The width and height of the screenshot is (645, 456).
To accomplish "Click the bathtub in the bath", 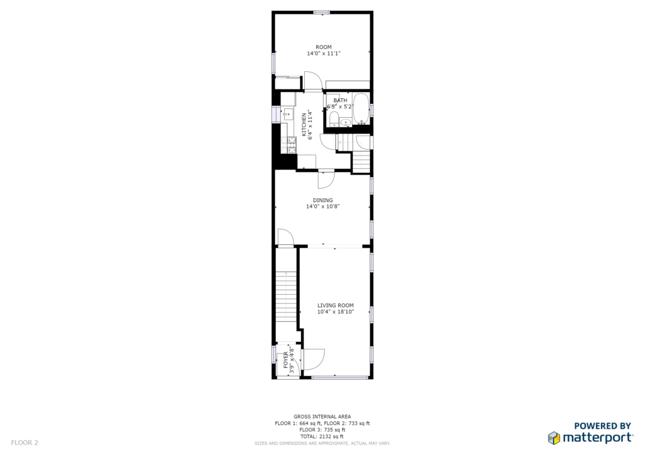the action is (x=361, y=109).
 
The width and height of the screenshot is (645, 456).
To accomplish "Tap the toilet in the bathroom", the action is (x=334, y=118).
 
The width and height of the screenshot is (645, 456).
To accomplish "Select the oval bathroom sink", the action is (x=346, y=122).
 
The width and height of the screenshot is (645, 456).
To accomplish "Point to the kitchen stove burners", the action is (x=292, y=145).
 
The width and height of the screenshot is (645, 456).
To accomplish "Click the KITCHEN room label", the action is (x=304, y=125).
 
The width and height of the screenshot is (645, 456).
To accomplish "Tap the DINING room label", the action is (x=323, y=200).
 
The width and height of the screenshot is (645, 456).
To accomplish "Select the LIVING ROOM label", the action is (x=336, y=305).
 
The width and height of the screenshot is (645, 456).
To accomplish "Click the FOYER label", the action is (x=286, y=360).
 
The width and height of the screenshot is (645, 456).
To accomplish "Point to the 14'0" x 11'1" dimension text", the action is (x=324, y=54).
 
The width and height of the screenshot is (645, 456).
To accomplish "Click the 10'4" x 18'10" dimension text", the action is (x=336, y=312).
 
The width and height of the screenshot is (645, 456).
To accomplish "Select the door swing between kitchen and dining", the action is (x=326, y=179).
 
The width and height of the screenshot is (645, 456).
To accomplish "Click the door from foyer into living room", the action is (x=314, y=360).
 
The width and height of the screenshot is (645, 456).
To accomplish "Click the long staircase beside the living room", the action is (x=285, y=296).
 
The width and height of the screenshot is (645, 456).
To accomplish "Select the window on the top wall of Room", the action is (x=322, y=13).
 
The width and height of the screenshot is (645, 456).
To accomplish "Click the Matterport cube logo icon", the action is (x=554, y=438).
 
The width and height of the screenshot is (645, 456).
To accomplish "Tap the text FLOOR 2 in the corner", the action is (x=25, y=443).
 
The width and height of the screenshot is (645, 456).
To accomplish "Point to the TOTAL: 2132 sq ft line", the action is (x=322, y=436).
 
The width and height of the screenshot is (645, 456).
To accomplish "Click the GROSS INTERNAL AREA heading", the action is (x=322, y=416).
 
